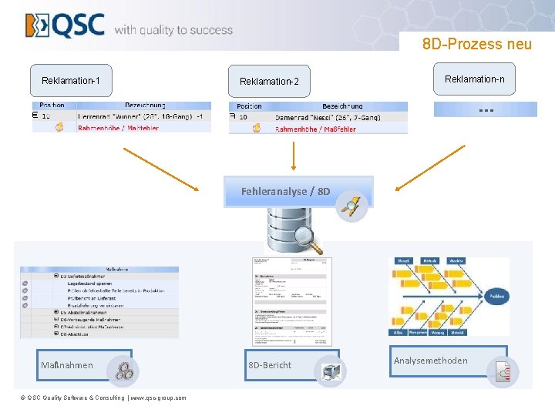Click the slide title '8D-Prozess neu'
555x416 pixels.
[x=476, y=44]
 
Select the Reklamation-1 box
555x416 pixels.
[x=76, y=81]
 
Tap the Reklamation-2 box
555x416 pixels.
[x=269, y=81]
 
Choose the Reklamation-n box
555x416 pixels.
[x=475, y=79]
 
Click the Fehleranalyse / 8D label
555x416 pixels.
[x=285, y=190]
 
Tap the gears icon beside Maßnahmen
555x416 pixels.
[x=123, y=371]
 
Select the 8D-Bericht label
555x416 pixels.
[x=270, y=364]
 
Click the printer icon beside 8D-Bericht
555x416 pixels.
[x=331, y=371]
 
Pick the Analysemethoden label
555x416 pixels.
[x=430, y=360]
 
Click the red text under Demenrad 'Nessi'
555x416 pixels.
[x=315, y=129]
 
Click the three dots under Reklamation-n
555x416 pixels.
[x=485, y=110]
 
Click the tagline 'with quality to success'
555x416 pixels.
[x=173, y=30]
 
